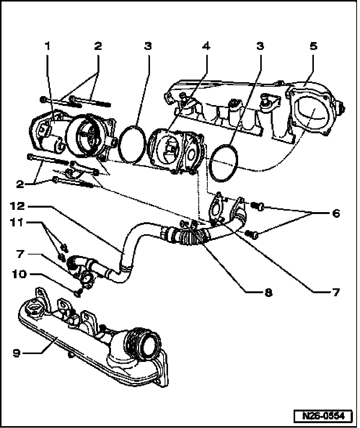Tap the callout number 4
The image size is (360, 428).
(x=205, y=46)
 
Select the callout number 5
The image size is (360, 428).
(x=313, y=46)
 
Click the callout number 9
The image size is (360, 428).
(x=16, y=353)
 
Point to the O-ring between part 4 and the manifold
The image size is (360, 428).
(x=224, y=162)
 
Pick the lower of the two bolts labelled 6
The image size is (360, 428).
(x=253, y=234)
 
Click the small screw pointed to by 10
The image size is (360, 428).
(x=78, y=293)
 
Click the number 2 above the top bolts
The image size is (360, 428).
(x=98, y=46)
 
